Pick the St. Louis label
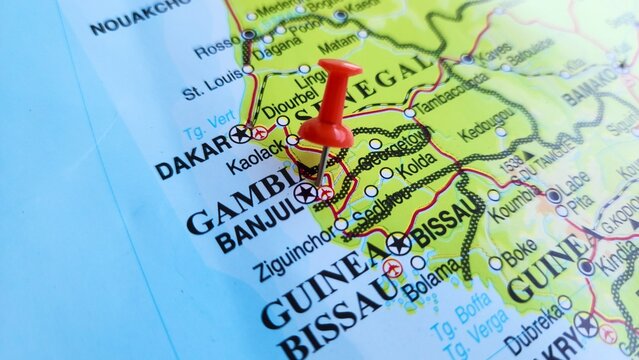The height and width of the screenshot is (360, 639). (x=212, y=86)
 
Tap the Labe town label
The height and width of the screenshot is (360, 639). (x=574, y=181)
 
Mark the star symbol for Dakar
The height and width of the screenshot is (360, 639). (x=239, y=133)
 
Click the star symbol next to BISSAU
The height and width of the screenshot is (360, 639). (x=398, y=242)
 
